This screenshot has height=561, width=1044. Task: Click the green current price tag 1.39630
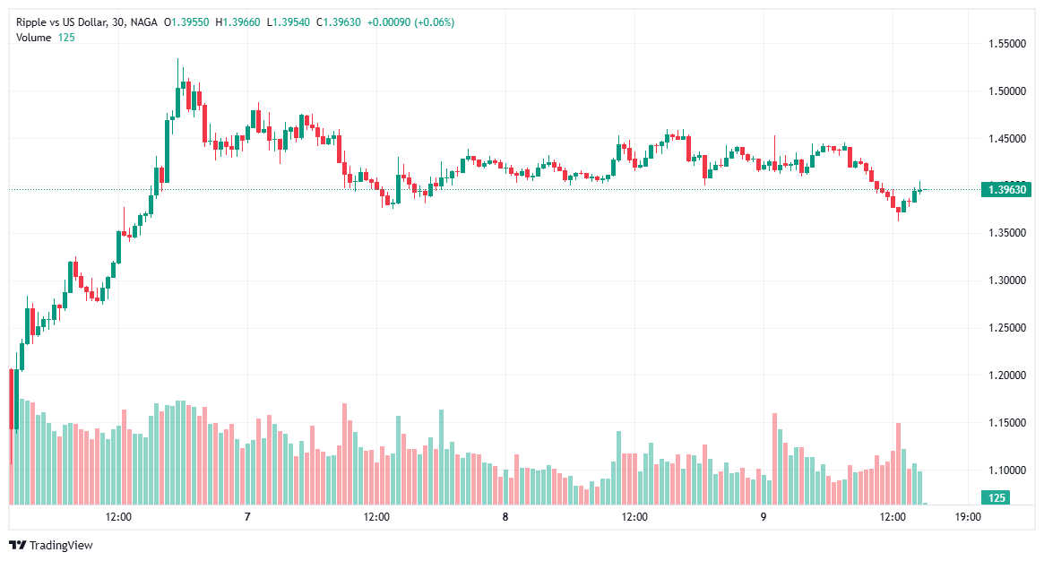click(1006, 189)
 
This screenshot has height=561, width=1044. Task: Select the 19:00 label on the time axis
click(968, 517)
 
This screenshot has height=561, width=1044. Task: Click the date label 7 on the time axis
click(247, 517)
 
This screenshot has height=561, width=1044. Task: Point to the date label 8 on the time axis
click(505, 517)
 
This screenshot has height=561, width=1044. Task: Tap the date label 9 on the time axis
click(764, 517)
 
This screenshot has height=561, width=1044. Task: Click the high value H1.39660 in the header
click(237, 22)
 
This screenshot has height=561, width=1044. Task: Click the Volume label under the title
click(34, 37)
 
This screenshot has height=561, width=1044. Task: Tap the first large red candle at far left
click(11, 399)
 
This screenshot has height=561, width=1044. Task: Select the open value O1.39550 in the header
click(186, 22)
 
